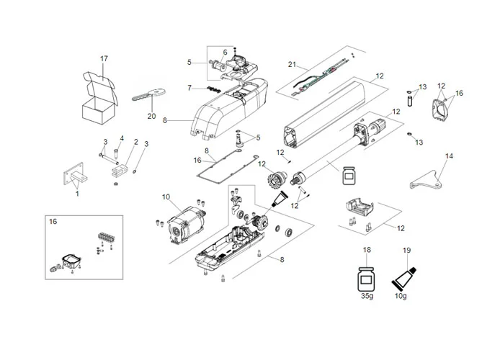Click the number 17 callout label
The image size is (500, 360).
click(x=104, y=58)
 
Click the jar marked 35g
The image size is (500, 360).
click(x=367, y=277)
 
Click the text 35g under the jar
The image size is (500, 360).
click(x=367, y=295)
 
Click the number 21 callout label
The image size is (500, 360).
click(x=293, y=65)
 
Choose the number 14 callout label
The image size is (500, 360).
click(x=449, y=156)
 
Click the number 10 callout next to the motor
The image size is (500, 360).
click(x=166, y=197)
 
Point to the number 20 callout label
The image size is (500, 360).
click(x=151, y=116)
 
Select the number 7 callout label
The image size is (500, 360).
click(x=189, y=88)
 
